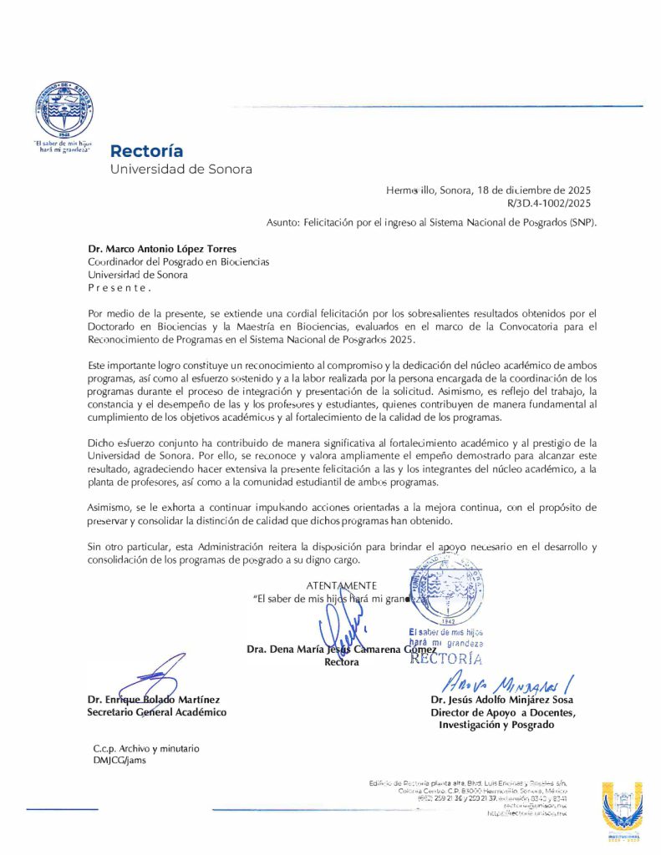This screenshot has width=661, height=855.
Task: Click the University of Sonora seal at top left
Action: point(64,110)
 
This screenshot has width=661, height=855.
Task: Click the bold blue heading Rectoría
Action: point(146,151)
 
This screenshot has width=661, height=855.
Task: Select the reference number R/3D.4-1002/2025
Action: point(549,203)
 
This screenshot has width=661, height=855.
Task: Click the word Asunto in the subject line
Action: point(285,223)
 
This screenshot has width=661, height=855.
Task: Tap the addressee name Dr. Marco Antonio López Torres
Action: point(162,249)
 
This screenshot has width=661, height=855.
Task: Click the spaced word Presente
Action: point(119,287)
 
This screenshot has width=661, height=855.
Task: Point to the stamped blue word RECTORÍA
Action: point(446,658)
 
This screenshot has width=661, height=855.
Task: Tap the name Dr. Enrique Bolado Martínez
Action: point(154,699)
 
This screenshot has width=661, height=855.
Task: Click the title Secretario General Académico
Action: point(156,712)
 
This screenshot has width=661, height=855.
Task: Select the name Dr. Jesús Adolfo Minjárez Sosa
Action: point(502,700)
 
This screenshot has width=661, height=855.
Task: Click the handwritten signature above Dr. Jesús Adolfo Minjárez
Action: point(500,681)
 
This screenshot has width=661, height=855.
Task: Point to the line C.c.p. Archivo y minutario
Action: point(146,749)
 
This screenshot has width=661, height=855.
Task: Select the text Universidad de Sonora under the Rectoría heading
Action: point(181,169)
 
